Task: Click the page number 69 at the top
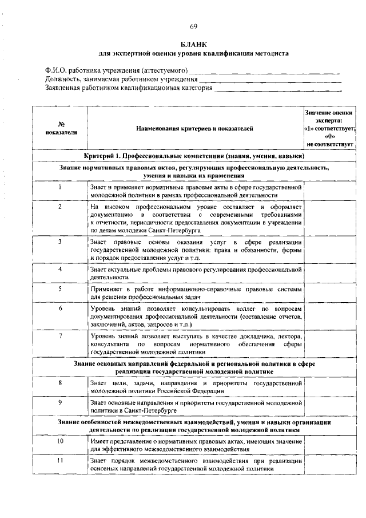(x=193, y=27)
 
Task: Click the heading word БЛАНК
(x=193, y=44)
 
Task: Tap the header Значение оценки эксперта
(x=329, y=128)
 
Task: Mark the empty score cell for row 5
(x=329, y=293)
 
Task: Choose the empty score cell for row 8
(x=329, y=386)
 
